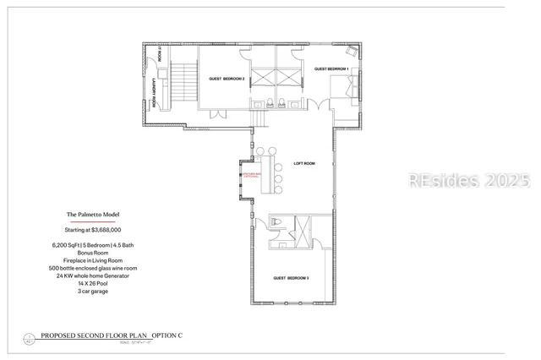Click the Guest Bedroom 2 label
(227, 79)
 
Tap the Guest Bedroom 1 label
(331, 68)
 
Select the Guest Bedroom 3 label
(291, 278)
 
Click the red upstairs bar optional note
(252, 176)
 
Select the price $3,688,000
(93, 230)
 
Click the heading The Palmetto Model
(94, 215)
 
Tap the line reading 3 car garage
(93, 291)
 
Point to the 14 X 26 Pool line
(93, 283)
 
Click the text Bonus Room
(93, 253)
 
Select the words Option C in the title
(167, 336)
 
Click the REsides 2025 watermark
(469, 180)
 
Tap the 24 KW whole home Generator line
(93, 275)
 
